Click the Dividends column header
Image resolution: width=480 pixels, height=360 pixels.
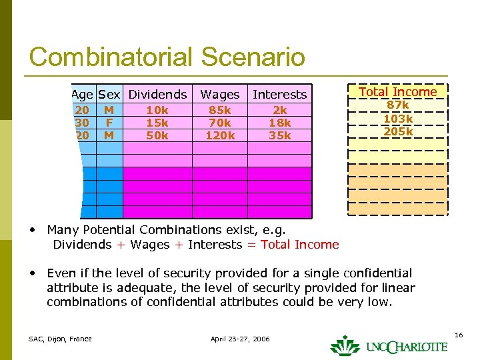[x=157, y=95]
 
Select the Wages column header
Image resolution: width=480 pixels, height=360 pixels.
[x=219, y=95]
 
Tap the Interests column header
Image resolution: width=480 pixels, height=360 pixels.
[x=279, y=95]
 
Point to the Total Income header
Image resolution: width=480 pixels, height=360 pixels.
[x=398, y=92]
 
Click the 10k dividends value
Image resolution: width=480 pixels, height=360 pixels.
[x=157, y=110]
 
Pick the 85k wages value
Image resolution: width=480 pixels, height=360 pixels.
[x=219, y=110]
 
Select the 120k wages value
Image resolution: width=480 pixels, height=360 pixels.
[x=219, y=135]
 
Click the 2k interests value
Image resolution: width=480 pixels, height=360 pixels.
[x=280, y=110]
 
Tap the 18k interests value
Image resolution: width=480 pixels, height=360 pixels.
[x=280, y=123]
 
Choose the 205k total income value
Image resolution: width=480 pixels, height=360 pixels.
[x=398, y=132]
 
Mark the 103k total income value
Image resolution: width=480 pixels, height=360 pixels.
[x=398, y=119]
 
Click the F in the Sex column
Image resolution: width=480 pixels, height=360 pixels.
[x=109, y=123]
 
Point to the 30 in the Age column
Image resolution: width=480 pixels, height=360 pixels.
[x=83, y=123]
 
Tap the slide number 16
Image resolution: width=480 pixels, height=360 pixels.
[x=459, y=334]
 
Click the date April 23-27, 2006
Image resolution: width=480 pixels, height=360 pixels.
[x=240, y=339]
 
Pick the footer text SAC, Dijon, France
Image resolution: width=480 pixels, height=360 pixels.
[x=60, y=339]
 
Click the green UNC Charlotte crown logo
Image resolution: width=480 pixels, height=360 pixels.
[x=345, y=345]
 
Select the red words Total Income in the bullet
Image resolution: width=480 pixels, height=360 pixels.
[x=300, y=245]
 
